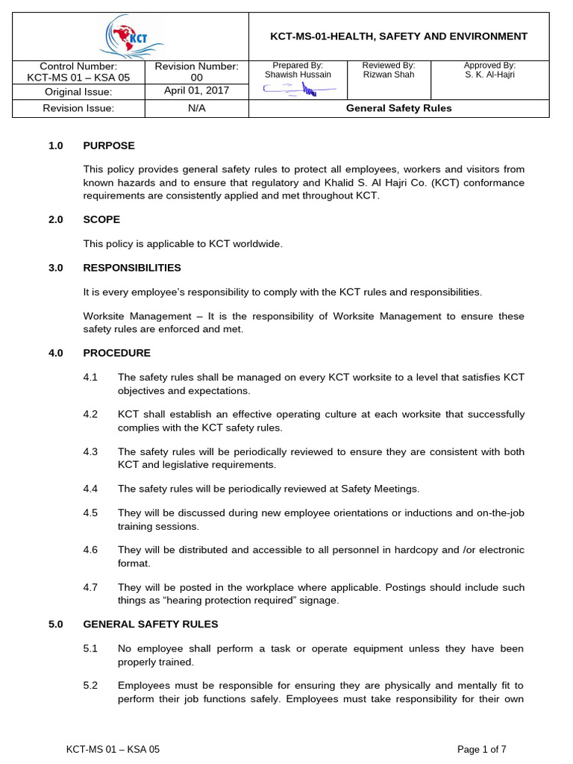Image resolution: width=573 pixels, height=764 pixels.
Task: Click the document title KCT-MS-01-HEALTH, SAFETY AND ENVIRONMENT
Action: point(398,36)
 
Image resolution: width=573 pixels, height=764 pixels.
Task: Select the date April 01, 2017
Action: point(196,91)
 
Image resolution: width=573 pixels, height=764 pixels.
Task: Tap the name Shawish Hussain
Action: point(298,75)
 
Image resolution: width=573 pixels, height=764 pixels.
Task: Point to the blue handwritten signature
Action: point(298,90)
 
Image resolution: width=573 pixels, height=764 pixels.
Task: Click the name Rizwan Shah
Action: point(388,75)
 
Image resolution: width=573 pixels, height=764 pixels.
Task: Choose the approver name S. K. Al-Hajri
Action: point(489,75)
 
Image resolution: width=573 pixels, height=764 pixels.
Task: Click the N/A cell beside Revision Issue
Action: point(196,108)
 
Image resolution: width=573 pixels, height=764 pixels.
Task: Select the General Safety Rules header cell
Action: point(398,108)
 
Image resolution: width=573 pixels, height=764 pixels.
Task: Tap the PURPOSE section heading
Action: point(109,145)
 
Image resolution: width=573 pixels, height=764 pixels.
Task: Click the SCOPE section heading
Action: point(101,219)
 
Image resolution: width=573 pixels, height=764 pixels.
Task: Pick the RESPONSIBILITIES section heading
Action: point(131,267)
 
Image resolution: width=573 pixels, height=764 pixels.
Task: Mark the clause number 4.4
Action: point(91,489)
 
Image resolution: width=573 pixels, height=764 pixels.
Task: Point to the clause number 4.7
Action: point(91,587)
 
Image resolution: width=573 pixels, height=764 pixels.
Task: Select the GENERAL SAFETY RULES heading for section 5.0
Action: point(150,624)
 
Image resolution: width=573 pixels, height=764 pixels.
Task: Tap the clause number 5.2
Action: point(91,686)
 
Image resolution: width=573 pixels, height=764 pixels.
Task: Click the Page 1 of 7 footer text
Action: point(481,749)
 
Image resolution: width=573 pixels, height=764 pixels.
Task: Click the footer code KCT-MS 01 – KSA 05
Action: point(113,749)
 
